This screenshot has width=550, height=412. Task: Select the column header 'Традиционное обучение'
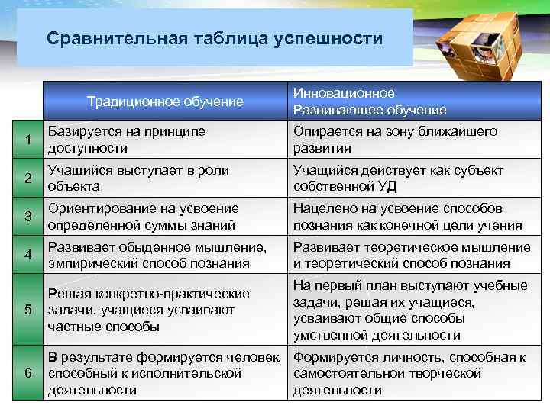click(x=165, y=101)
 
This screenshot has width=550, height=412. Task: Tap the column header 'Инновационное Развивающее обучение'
click(x=370, y=101)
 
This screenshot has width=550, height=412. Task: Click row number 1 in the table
click(x=27, y=140)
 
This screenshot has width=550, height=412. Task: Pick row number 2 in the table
click(x=27, y=179)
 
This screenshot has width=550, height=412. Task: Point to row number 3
click(x=27, y=217)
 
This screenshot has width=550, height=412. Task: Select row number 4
click(x=27, y=255)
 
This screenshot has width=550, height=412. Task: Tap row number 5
click(x=27, y=311)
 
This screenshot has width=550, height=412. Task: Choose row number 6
click(x=27, y=373)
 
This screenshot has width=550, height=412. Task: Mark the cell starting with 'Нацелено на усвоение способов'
click(x=408, y=217)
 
